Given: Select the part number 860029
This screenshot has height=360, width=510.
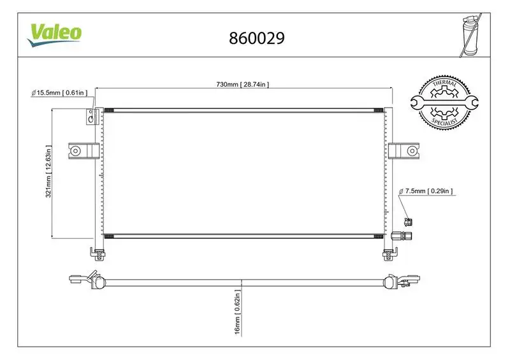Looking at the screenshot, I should (256, 38).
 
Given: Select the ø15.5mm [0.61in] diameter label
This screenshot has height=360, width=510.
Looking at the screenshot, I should (59, 93).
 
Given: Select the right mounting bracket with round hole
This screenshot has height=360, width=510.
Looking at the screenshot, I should (403, 151).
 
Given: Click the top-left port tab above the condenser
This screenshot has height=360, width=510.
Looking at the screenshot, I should (91, 117).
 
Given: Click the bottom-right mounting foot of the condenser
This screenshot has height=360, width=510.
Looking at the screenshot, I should (387, 255).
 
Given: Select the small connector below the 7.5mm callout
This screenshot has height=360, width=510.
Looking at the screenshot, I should (408, 221).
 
